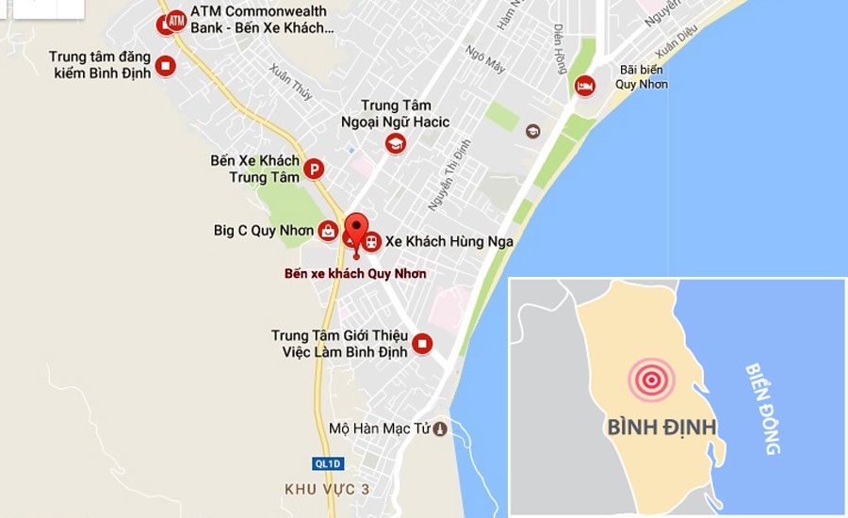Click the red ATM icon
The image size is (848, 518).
click(x=176, y=19)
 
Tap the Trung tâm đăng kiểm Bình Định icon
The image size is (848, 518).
click(x=166, y=65)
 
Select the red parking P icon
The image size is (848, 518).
click(x=313, y=169)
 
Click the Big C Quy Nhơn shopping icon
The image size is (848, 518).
click(x=328, y=230)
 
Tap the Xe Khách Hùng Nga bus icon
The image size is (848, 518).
click(x=372, y=242)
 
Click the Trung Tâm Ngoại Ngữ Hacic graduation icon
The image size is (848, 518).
click(x=395, y=143)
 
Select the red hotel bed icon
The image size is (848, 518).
click(x=585, y=86)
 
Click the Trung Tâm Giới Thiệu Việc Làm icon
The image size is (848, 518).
click(x=422, y=344)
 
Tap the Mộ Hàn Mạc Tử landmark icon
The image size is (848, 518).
click(x=439, y=429)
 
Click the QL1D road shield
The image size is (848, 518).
click(x=327, y=463)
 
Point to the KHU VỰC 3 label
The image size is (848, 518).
click(x=327, y=490)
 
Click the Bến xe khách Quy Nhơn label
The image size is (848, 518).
click(x=355, y=274)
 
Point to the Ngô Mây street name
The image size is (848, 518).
click(x=486, y=59)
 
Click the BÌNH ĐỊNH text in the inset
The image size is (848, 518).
click(x=661, y=428)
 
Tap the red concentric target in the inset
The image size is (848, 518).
click(x=651, y=380)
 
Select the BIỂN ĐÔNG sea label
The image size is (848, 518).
click(x=763, y=409)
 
